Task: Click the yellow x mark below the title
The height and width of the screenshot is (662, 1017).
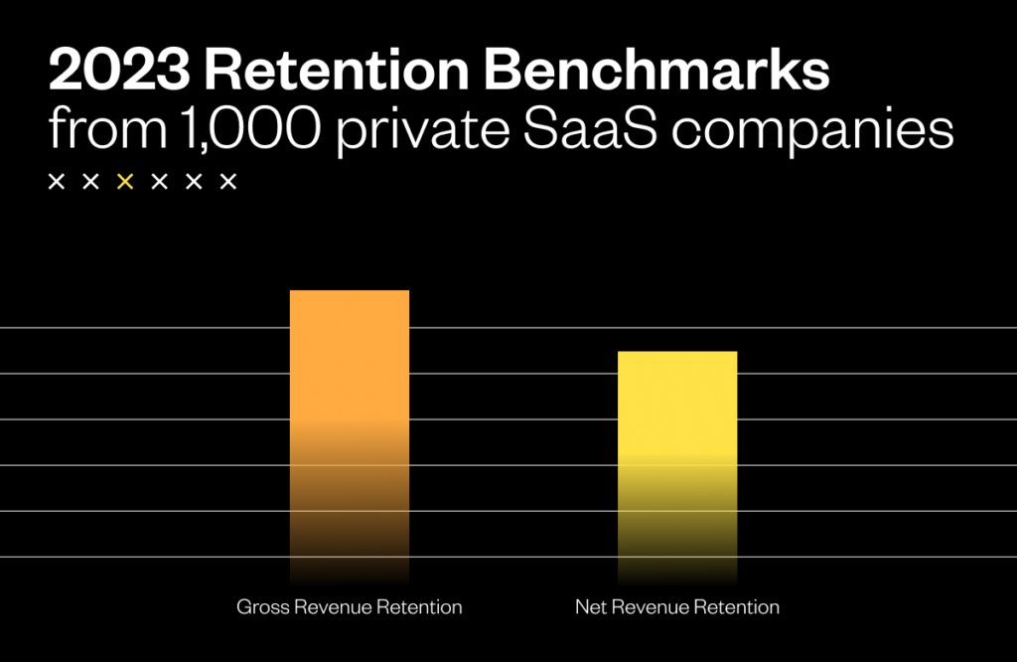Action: pyautogui.click(x=125, y=182)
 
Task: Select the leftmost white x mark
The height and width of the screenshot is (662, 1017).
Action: pyautogui.click(x=57, y=182)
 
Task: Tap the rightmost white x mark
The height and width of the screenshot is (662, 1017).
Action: pyautogui.click(x=227, y=182)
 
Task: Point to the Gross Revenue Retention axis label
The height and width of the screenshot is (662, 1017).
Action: pyautogui.click(x=349, y=606)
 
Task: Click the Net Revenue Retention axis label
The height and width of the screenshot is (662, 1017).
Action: pyautogui.click(x=677, y=606)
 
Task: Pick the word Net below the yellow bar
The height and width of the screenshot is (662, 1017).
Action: pyautogui.click(x=590, y=606)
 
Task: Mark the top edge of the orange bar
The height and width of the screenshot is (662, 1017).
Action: pyautogui.click(x=349, y=291)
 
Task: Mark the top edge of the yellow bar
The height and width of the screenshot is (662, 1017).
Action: pyautogui.click(x=677, y=352)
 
